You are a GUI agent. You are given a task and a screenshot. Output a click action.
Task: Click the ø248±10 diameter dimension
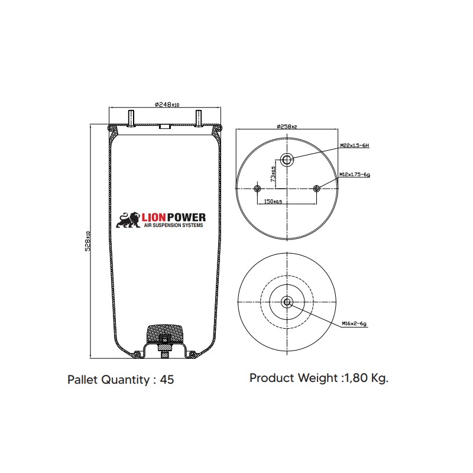pyautogui.click(x=167, y=105)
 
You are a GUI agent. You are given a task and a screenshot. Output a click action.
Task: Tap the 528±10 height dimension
pyautogui.click(x=88, y=241)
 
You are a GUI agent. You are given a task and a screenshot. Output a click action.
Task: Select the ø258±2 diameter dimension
pyautogui.click(x=287, y=127)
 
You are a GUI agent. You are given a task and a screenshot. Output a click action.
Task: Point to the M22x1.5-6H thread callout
pyautogui.click(x=354, y=145)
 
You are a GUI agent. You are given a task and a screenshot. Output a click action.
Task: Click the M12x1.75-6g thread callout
pyautogui.click(x=355, y=174)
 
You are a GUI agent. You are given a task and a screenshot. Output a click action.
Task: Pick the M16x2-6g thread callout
pyautogui.click(x=354, y=323)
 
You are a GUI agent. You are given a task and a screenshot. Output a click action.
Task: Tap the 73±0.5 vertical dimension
pyautogui.click(x=273, y=174)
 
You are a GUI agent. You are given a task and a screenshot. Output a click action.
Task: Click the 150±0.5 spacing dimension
pyautogui.click(x=273, y=201)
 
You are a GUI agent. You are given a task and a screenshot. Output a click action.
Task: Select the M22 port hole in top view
pyautogui.click(x=287, y=160)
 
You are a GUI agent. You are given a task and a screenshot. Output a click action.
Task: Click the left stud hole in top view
pyautogui.click(x=257, y=189)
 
